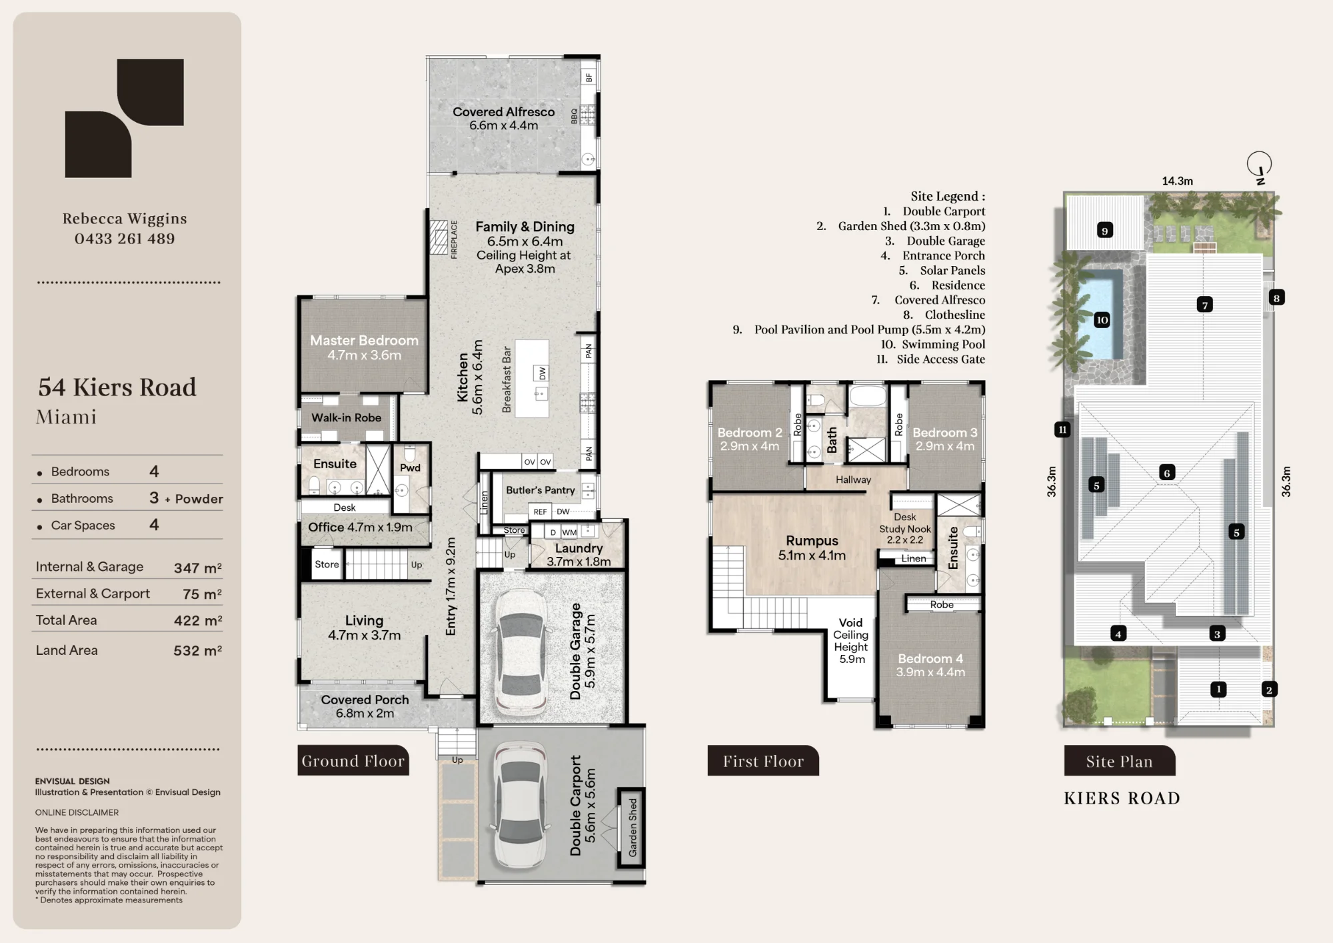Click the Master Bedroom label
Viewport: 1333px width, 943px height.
coord(364,340)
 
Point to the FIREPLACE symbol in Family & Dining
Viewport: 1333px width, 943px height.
coord(439,237)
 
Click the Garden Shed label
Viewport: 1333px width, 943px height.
coord(633,827)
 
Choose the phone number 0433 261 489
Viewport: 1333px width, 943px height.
coord(125,239)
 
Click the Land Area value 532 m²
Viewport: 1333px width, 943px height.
coord(197,650)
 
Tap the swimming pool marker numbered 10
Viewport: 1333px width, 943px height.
coord(1102,320)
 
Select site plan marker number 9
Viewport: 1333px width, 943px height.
coord(1105,231)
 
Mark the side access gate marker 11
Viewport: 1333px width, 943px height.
coord(1062,429)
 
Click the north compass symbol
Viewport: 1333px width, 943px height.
coord(1259,166)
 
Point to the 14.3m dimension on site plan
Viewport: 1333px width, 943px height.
coord(1178,181)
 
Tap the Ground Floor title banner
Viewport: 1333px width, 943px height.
coord(353,760)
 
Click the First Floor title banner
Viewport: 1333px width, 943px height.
coord(763,760)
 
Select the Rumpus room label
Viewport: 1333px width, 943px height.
coord(812,541)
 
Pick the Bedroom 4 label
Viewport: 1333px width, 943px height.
coord(930,658)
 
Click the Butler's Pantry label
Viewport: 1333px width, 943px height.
coord(541,490)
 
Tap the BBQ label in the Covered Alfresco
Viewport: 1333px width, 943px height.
coord(574,116)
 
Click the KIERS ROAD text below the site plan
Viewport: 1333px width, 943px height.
coord(1122,798)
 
